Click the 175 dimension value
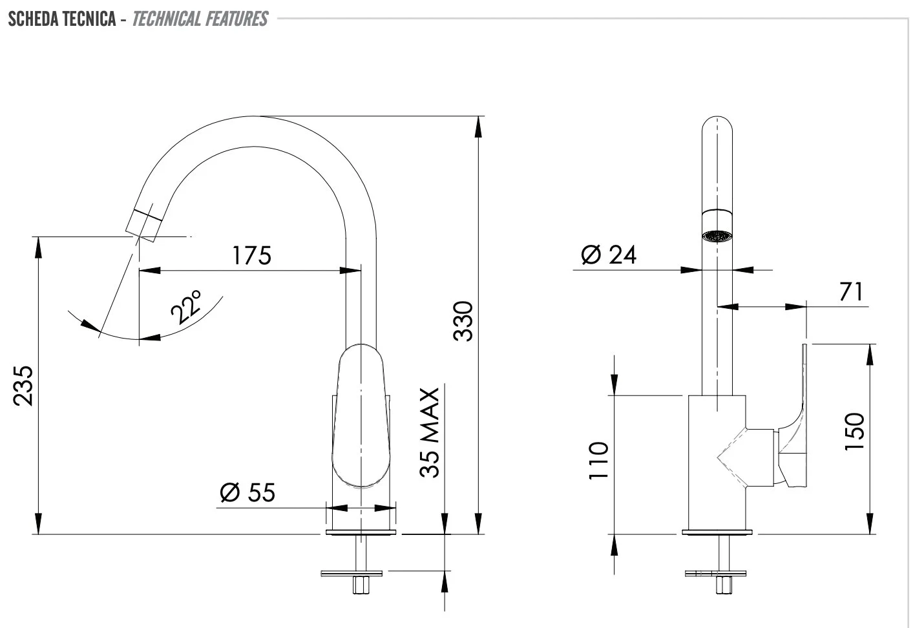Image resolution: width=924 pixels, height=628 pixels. (251, 255)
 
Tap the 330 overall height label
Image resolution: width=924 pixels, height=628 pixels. (463, 321)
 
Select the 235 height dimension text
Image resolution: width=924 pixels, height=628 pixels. (23, 386)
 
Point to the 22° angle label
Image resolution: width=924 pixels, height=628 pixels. (187, 307)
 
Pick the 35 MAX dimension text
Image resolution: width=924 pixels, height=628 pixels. (430, 432)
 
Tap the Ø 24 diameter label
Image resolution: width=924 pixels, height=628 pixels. (609, 255)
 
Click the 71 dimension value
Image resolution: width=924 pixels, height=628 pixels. (851, 291)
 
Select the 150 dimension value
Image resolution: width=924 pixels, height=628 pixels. (854, 432)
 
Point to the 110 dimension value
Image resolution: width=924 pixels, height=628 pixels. (598, 460)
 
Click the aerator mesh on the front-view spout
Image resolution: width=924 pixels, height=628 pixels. (717, 236)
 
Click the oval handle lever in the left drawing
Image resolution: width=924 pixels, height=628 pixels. (361, 415)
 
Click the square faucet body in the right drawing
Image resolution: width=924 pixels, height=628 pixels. (717, 463)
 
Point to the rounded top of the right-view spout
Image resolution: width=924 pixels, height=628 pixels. (717, 123)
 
